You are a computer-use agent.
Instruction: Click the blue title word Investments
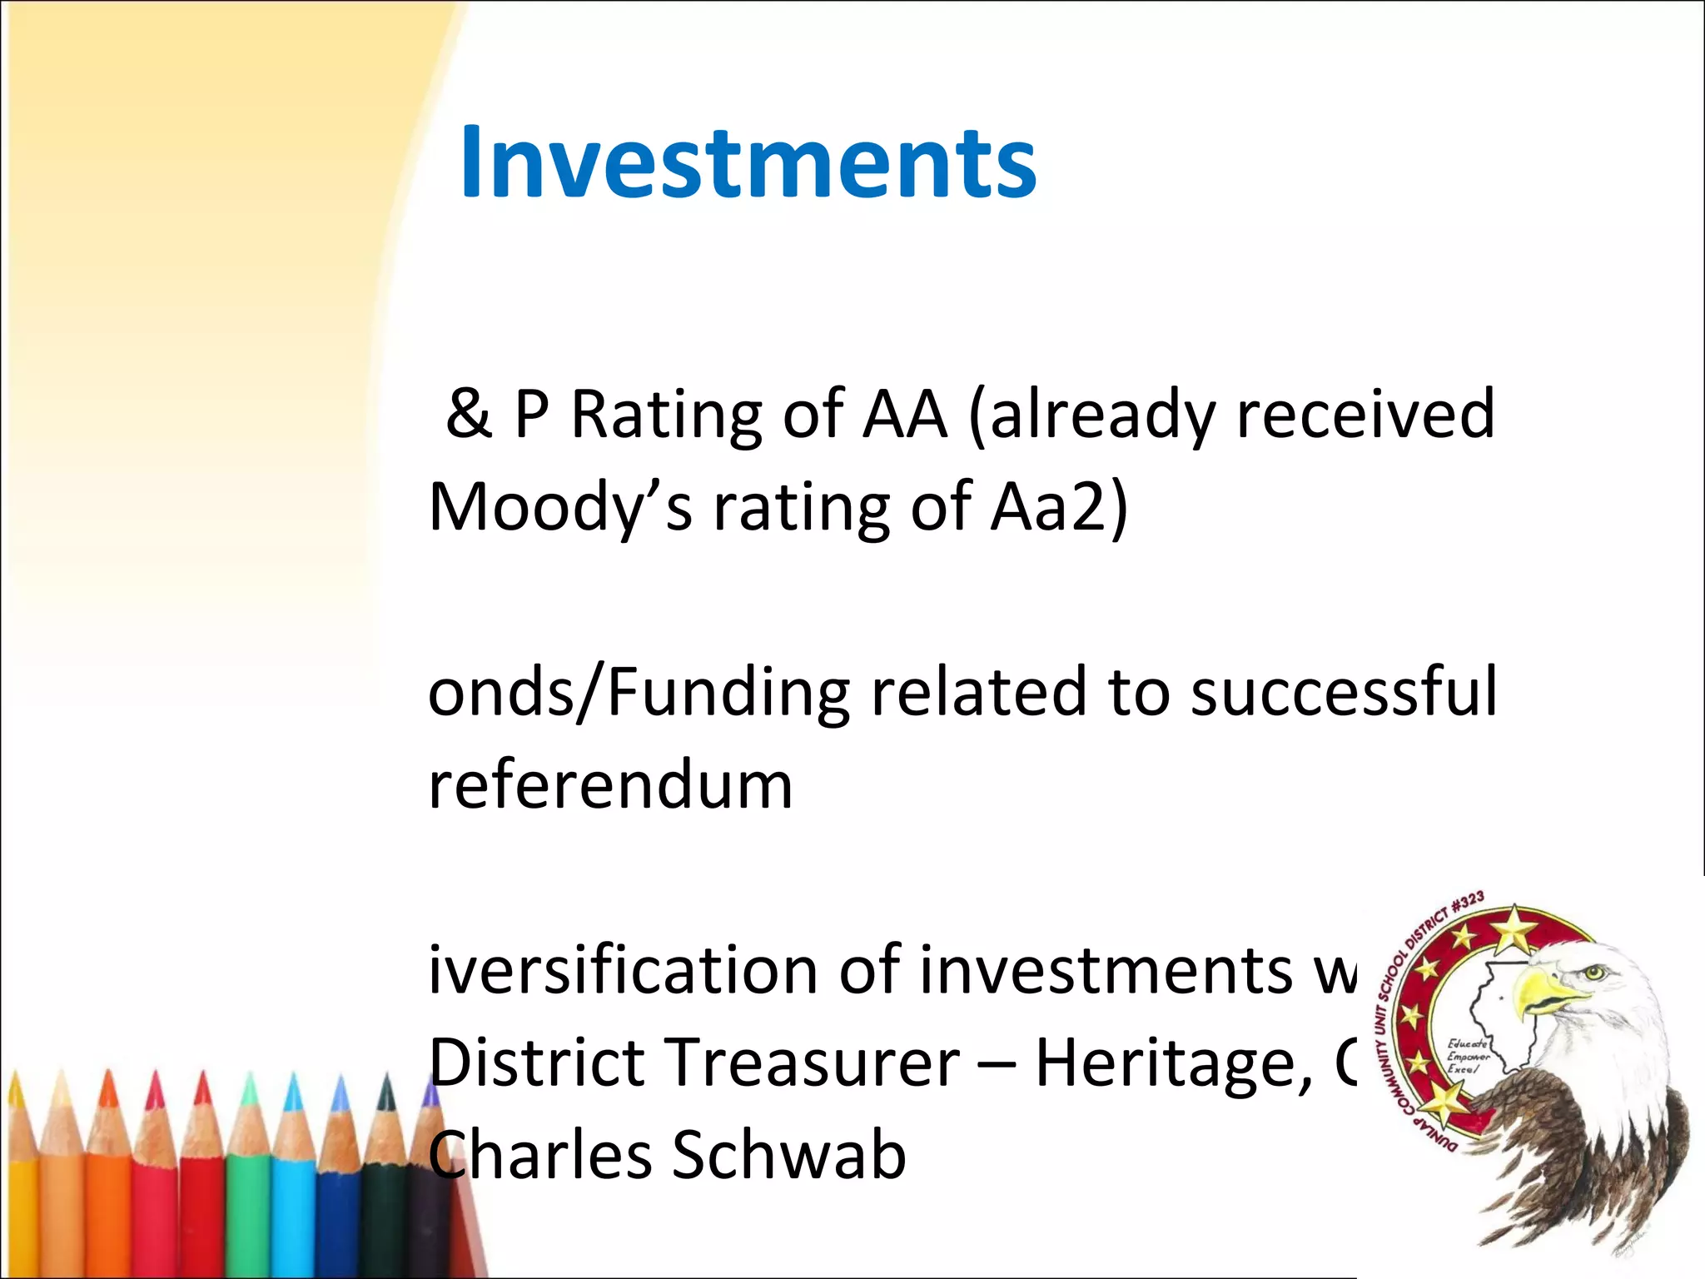click(748, 162)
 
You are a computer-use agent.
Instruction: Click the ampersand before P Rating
click(468, 414)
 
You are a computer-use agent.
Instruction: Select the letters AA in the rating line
click(905, 414)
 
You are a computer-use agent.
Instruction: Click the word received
click(1365, 414)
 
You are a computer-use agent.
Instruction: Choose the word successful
click(1344, 692)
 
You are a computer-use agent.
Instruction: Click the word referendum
click(610, 785)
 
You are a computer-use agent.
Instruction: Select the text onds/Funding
click(638, 694)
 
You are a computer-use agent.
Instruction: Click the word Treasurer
click(814, 1063)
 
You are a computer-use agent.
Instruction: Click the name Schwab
click(788, 1156)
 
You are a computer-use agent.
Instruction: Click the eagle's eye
click(1593, 971)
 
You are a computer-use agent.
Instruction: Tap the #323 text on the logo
click(1467, 903)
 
